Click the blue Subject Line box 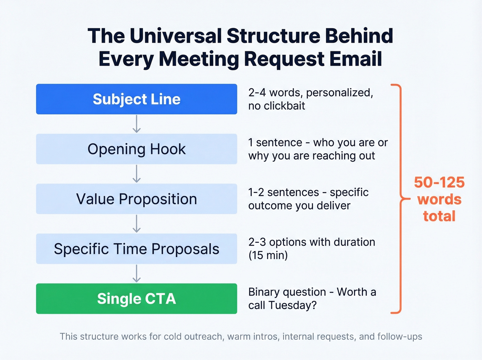(x=136, y=99)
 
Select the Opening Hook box (x=136, y=149)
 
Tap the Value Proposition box (x=136, y=199)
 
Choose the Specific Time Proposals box (x=136, y=249)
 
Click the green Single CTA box (x=136, y=299)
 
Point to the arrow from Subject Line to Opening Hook (x=137, y=124)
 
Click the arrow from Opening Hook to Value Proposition (x=137, y=174)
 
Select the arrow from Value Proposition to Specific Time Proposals (x=137, y=224)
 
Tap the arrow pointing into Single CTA (x=137, y=274)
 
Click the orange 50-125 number (x=439, y=183)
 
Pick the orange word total (x=439, y=216)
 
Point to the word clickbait (x=284, y=106)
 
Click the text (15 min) (x=268, y=255)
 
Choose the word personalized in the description (x=339, y=93)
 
